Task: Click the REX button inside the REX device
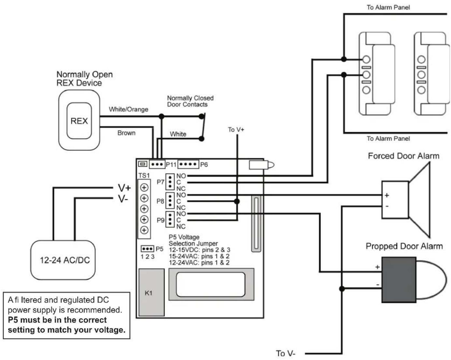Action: (79, 121)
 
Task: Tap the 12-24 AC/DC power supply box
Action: (63, 260)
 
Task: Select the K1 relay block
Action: (151, 292)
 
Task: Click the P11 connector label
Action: (171, 164)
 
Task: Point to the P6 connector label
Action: (204, 164)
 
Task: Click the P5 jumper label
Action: (159, 249)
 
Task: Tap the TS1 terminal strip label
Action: (144, 175)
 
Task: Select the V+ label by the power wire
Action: (124, 188)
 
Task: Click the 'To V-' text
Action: (285, 353)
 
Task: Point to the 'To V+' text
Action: (236, 130)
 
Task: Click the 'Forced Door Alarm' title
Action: (404, 156)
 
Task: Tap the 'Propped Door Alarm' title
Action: (404, 246)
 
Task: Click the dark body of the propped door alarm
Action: (399, 280)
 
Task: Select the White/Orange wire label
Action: (128, 109)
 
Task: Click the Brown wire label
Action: (126, 133)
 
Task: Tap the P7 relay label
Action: (161, 182)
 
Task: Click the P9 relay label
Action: (161, 220)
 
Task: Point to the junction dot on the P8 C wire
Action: (237, 202)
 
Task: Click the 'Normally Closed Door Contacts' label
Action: (190, 101)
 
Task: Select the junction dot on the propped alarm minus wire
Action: (342, 289)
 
